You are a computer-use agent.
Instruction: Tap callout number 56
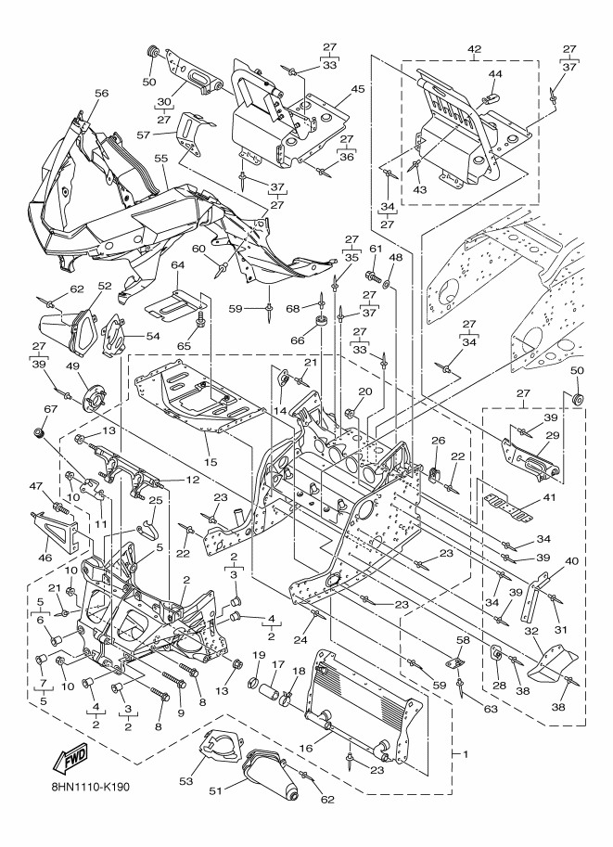tap(101, 94)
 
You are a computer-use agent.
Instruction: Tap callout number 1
tap(465, 754)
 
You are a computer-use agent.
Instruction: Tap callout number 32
tap(531, 630)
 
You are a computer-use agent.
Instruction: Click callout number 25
tap(156, 501)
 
